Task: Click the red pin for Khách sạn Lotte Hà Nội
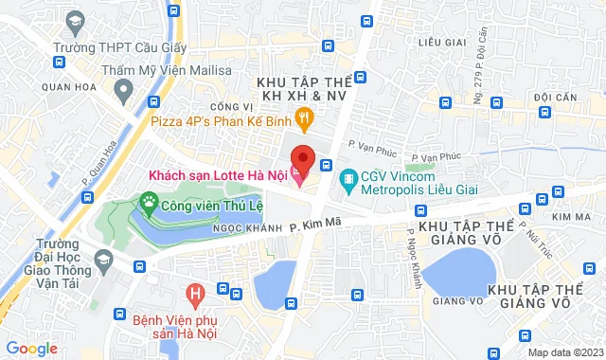(302, 157)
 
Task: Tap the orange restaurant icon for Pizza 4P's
(303, 118)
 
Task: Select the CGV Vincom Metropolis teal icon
(348, 176)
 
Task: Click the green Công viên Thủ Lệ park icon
(148, 201)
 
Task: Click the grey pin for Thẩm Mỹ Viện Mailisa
(122, 90)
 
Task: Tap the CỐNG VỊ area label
(230, 107)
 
